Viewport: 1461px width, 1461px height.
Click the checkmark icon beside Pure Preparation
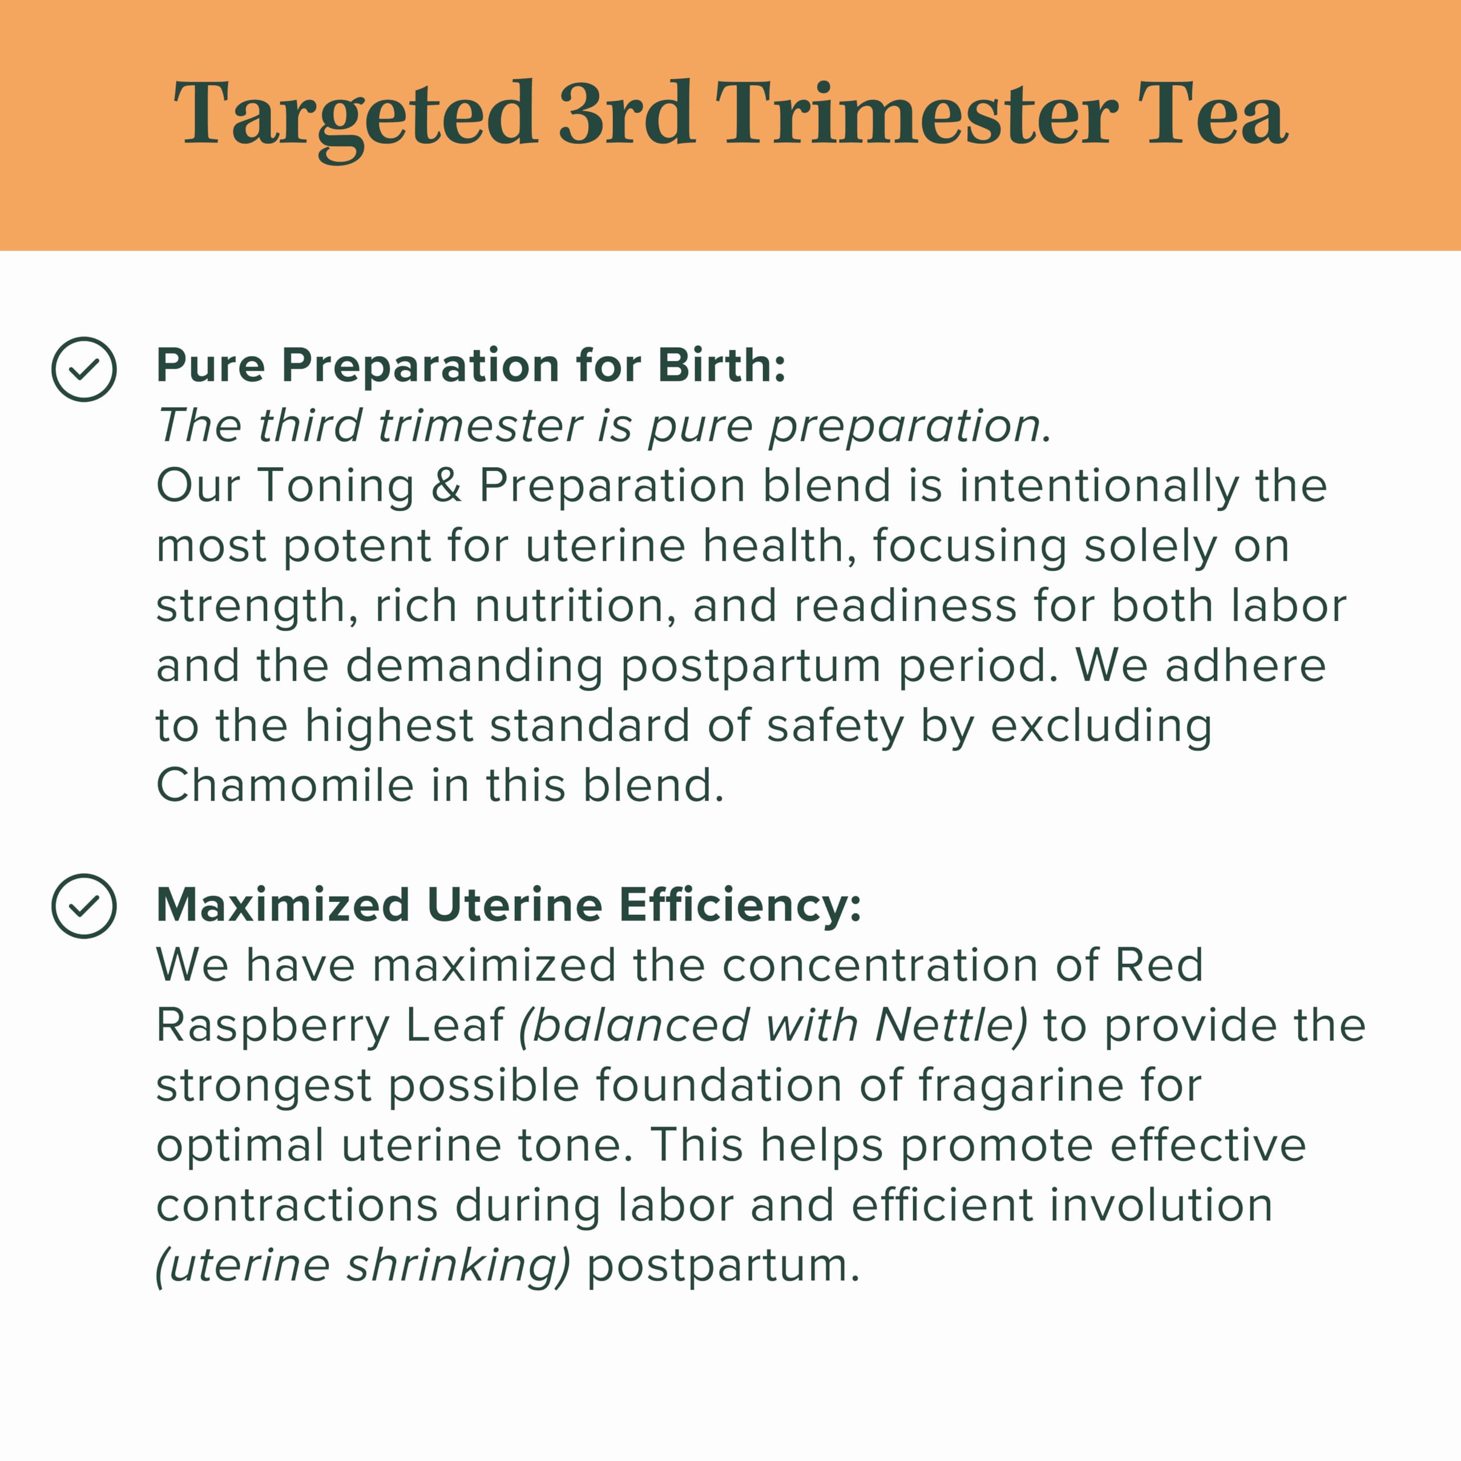click(x=84, y=369)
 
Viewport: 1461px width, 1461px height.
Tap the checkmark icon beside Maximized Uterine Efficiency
click(x=84, y=906)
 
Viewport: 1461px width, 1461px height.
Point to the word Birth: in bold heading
click(x=721, y=366)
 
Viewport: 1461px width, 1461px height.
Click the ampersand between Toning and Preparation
click(x=446, y=486)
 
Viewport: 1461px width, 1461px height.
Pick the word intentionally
click(x=1099, y=487)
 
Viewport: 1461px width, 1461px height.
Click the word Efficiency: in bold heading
click(x=740, y=905)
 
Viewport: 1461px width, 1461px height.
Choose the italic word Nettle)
click(x=951, y=1026)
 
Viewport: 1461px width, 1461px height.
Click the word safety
click(x=835, y=727)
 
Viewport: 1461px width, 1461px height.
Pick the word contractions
click(x=296, y=1205)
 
